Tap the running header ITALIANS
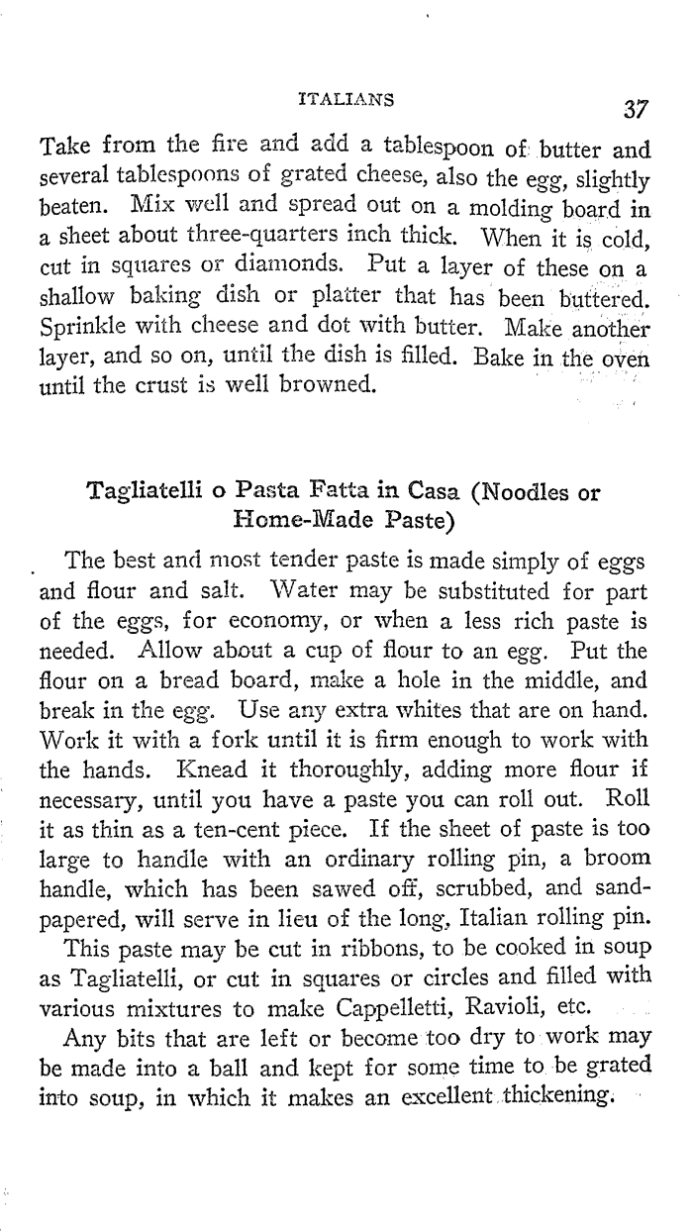pyautogui.click(x=346, y=99)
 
